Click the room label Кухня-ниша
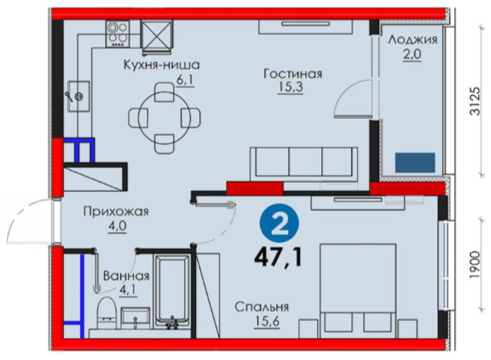click(x=162, y=65)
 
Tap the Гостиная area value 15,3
click(x=290, y=87)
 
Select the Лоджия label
click(x=413, y=40)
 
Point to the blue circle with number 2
click(x=279, y=223)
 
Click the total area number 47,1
click(x=279, y=258)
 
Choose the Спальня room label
click(x=262, y=307)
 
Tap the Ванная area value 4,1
click(x=127, y=290)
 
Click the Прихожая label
click(x=116, y=212)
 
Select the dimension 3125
click(x=475, y=101)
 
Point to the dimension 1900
click(x=475, y=264)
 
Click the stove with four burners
click(x=118, y=34)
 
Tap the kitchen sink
click(x=78, y=96)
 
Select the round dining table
click(x=165, y=118)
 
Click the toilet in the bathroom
click(x=107, y=313)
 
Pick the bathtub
click(x=172, y=293)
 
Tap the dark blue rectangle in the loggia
click(x=415, y=163)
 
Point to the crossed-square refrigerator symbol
click(x=157, y=34)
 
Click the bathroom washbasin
click(x=136, y=317)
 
